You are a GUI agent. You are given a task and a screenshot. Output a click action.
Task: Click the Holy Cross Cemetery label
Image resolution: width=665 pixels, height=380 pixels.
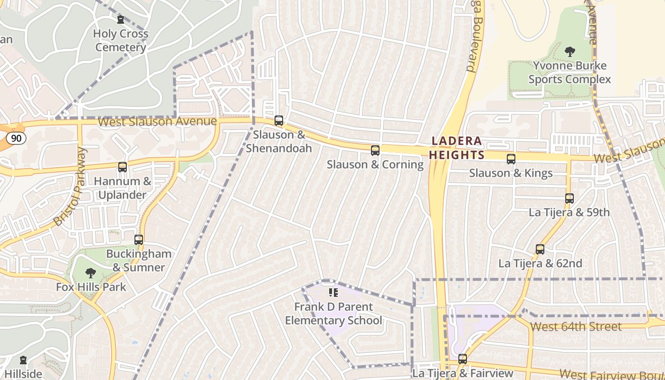click(x=121, y=40)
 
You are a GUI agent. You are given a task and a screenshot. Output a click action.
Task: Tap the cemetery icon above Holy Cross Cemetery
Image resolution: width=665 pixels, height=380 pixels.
click(x=120, y=19)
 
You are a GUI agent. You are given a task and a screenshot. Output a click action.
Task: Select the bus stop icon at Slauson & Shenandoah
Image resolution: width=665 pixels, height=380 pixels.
click(x=279, y=121)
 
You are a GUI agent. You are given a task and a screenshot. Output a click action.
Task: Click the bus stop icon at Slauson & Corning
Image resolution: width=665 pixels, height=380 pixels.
click(x=375, y=151)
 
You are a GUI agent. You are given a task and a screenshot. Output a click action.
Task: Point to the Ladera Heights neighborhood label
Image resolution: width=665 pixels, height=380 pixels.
click(x=456, y=148)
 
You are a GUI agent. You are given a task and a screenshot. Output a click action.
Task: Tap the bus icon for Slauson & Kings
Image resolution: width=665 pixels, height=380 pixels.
click(x=511, y=159)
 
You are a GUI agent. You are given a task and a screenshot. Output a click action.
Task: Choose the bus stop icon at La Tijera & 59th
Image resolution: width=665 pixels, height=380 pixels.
click(x=569, y=199)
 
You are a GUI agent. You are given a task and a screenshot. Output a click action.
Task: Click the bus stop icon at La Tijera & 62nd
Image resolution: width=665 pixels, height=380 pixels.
click(x=540, y=249)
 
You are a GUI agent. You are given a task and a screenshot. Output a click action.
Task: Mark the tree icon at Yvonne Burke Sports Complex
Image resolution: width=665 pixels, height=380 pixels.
click(x=570, y=51)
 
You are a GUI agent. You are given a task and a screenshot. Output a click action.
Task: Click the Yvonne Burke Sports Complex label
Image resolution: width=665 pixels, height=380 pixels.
click(x=570, y=72)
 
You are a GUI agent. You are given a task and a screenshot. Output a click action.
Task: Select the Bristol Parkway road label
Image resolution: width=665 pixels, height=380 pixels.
click(x=71, y=187)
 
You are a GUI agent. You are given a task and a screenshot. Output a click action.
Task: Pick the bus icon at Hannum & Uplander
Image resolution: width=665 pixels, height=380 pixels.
click(x=123, y=167)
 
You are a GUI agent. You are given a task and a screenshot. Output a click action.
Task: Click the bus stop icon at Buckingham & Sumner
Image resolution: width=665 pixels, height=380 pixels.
click(x=139, y=240)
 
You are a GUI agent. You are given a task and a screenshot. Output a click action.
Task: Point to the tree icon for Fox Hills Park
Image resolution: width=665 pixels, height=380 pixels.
click(x=90, y=273)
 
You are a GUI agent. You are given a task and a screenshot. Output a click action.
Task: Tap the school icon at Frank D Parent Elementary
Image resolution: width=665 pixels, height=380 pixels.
click(x=333, y=293)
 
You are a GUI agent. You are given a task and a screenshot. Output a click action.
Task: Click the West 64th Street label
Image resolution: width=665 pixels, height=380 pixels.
click(x=576, y=326)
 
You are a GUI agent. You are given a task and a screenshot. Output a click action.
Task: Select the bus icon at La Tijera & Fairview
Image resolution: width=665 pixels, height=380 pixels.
click(x=463, y=360)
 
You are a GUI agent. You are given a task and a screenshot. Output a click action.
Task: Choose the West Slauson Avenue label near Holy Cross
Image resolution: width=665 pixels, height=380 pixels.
click(x=157, y=122)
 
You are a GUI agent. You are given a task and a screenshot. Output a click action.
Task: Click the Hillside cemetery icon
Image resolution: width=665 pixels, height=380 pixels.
click(x=23, y=361)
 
